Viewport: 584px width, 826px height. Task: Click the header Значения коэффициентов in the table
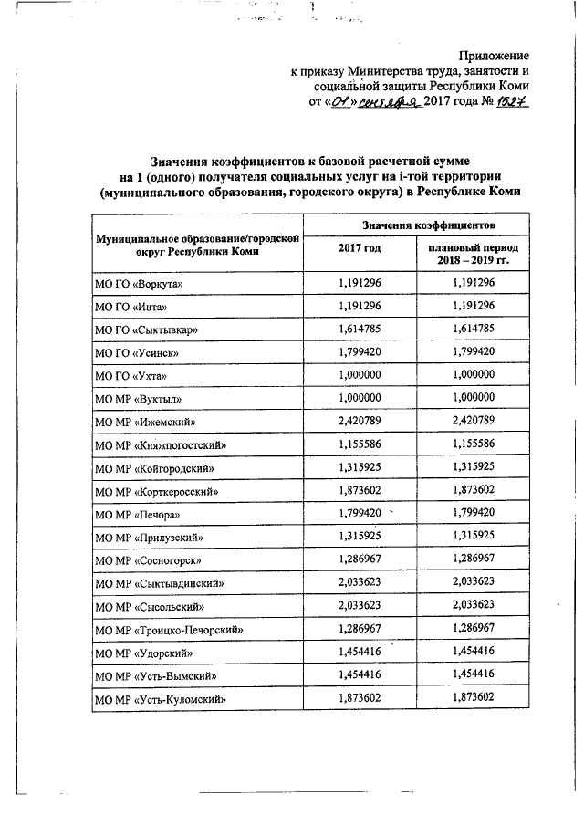[416, 224]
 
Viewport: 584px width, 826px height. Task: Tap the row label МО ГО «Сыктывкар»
[147, 329]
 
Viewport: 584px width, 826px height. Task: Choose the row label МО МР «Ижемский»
[146, 423]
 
